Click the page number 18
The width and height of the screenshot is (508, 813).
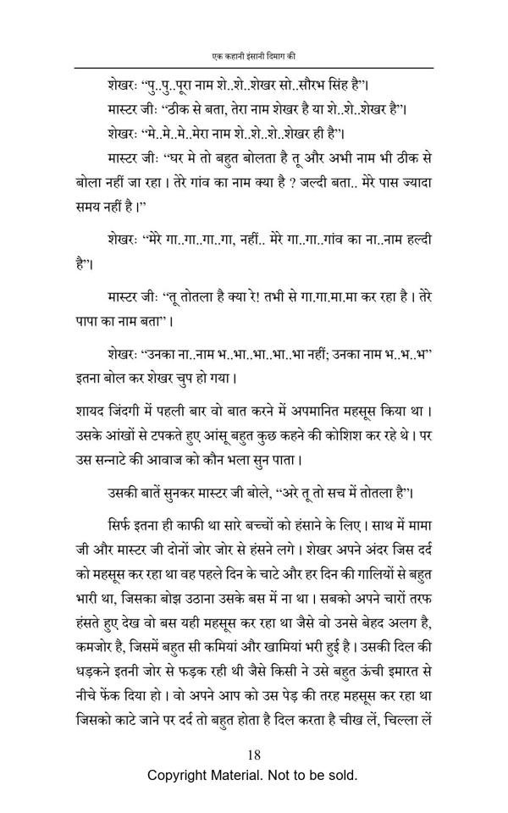click(254, 755)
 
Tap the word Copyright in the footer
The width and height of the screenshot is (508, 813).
click(181, 775)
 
